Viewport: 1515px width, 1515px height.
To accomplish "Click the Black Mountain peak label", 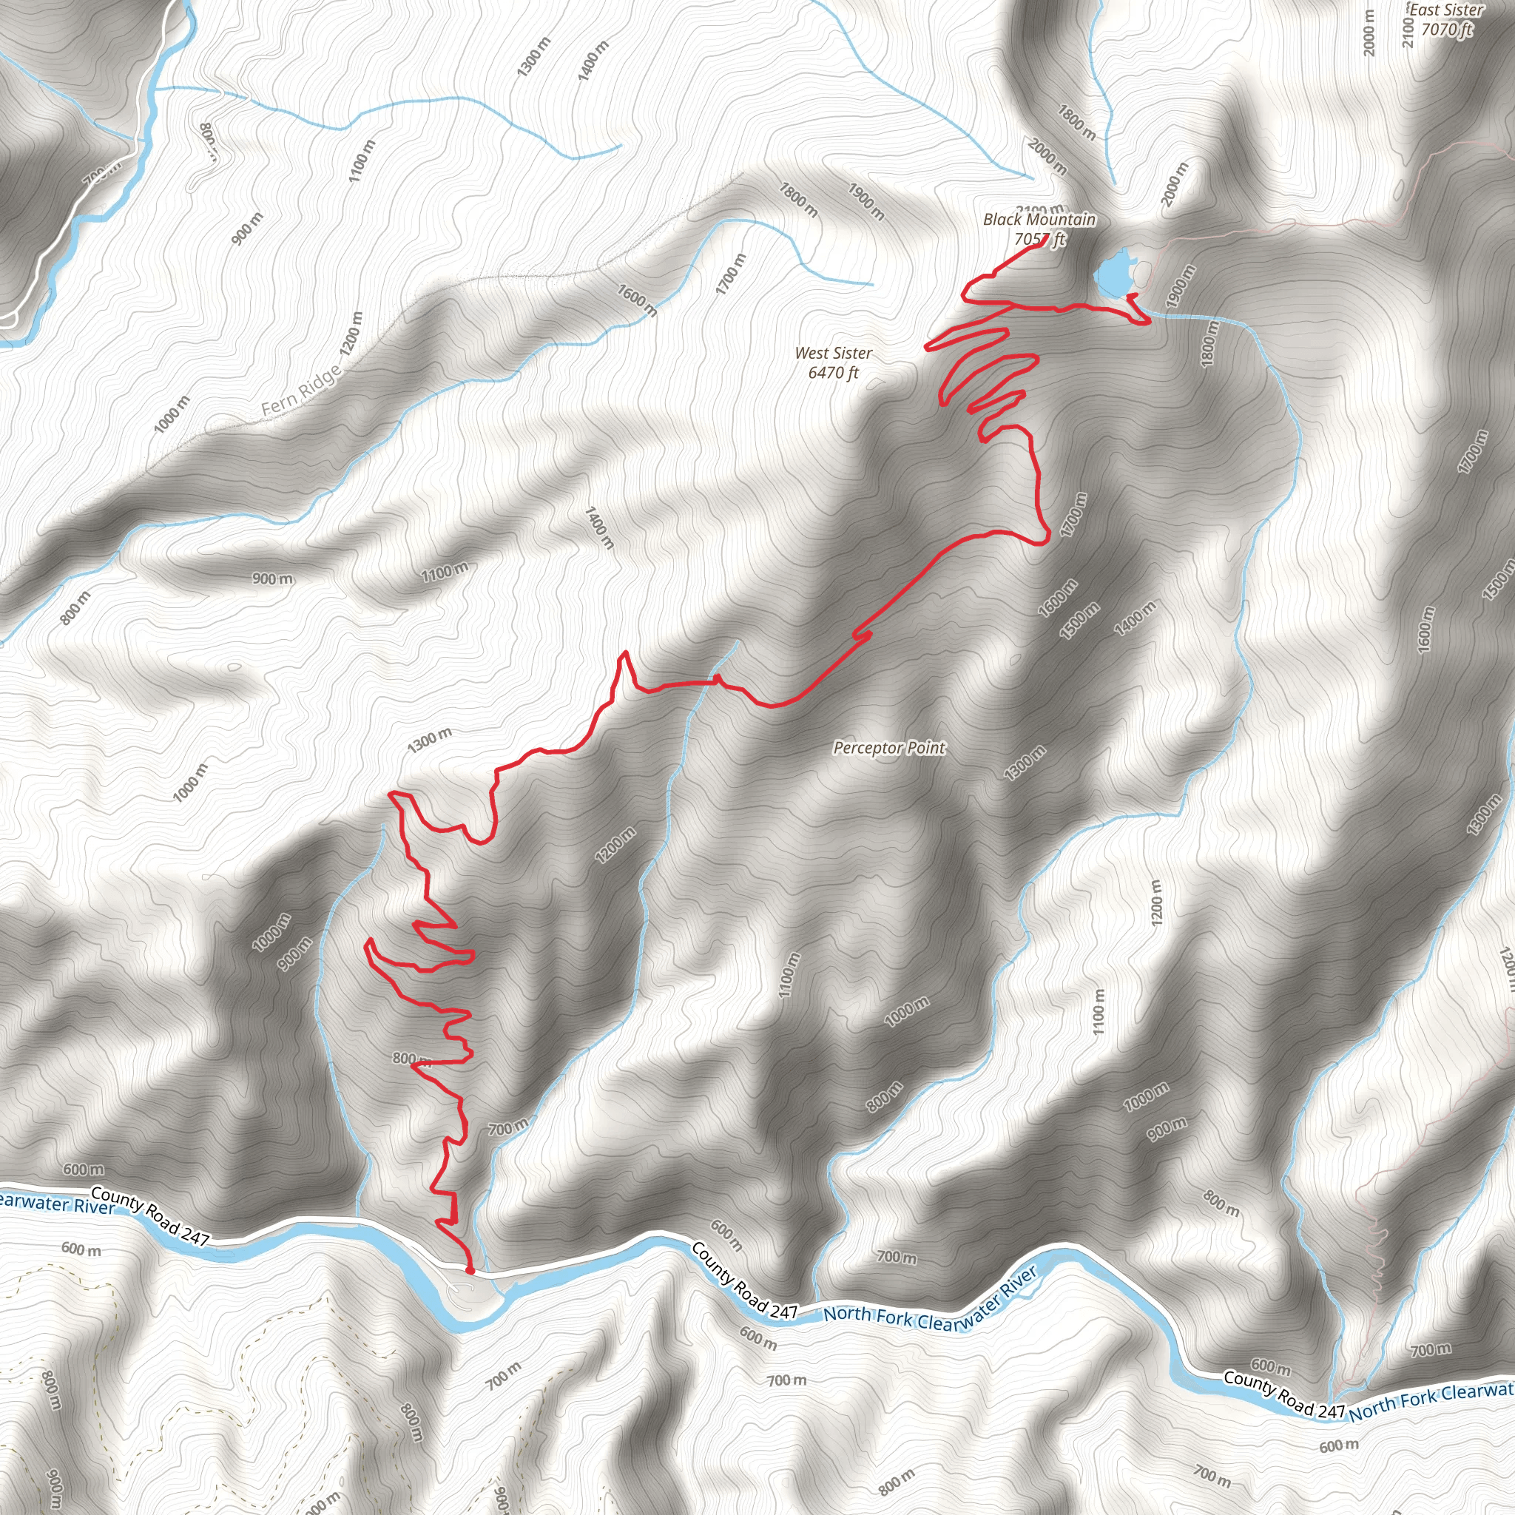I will (1039, 220).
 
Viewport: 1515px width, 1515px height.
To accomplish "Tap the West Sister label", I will (833, 354).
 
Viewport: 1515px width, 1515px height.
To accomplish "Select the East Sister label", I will (1446, 10).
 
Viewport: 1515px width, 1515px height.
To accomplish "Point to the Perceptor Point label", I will (889, 748).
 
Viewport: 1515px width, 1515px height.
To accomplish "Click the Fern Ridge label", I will (301, 391).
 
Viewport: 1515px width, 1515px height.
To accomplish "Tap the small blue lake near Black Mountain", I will (1113, 274).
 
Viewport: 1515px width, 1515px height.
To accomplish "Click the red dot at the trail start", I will (470, 1270).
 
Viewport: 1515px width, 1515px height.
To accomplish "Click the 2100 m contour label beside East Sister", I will (1408, 31).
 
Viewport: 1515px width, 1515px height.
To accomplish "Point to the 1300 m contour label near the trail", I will (430, 740).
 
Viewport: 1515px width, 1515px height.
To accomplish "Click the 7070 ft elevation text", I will (1447, 30).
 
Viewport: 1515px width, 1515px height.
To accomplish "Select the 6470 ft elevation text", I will (833, 373).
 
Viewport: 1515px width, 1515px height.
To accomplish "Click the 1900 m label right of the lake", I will (1179, 286).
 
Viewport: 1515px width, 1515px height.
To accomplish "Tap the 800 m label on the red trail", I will (412, 1059).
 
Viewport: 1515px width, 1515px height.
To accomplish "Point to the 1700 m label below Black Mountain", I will (1073, 514).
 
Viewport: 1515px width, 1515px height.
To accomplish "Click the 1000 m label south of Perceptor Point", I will (906, 1011).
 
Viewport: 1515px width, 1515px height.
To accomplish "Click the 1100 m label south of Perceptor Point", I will (789, 975).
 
